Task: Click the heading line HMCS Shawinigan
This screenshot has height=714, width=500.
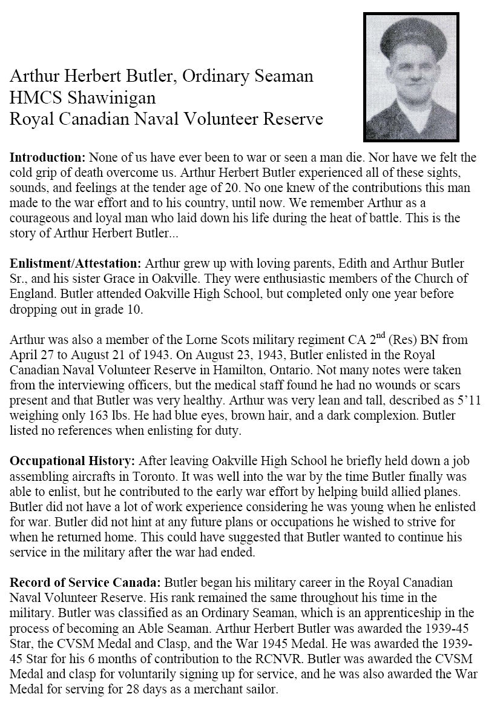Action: tap(83, 98)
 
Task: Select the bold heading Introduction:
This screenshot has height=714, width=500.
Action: tap(48, 157)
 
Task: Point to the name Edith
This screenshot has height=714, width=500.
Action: tap(357, 264)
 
